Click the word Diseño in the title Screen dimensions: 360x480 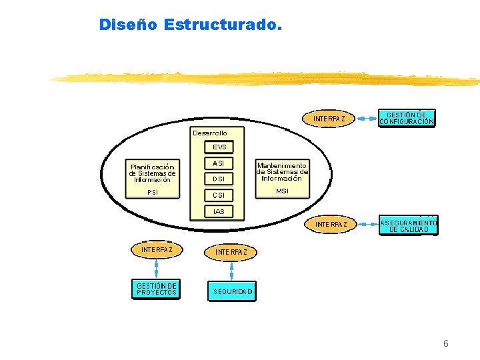tap(127, 25)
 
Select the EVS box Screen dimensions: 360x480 tap(219, 147)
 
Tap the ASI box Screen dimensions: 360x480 tap(219, 163)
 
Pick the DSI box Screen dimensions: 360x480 tap(219, 179)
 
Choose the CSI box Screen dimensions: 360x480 tap(219, 195)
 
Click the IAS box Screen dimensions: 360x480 tap(219, 212)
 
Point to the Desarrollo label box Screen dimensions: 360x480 tap(210, 133)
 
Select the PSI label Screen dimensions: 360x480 tap(153, 193)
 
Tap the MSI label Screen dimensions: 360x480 tap(282, 191)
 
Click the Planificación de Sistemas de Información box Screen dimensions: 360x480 tap(152, 173)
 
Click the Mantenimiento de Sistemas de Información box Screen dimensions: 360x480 tap(282, 171)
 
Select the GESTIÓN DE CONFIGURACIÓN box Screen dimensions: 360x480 tap(407, 118)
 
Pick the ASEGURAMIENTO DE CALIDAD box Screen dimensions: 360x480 tap(409, 225)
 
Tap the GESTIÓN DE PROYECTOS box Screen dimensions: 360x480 tap(157, 289)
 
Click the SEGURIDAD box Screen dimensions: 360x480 tap(233, 291)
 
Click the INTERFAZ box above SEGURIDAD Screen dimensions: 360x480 tap(231, 252)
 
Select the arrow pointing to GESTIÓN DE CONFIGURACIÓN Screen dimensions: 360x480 tap(367, 118)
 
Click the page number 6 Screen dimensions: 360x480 tap(446, 343)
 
